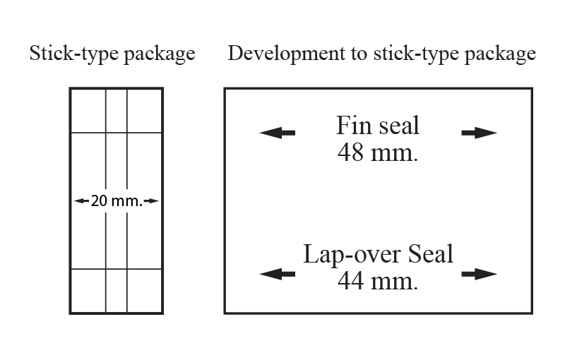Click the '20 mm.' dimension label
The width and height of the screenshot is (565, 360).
[117, 201]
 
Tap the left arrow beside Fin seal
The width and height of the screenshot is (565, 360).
[277, 133]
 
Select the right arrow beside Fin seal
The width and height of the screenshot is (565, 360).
[479, 133]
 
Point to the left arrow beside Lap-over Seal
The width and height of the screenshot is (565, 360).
[277, 274]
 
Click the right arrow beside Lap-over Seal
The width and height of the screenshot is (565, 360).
[479, 274]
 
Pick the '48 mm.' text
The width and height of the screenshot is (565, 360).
[378, 152]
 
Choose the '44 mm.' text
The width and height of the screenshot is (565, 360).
[378, 282]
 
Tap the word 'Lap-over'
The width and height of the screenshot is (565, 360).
[347, 254]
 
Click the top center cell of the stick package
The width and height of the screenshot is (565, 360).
[117, 110]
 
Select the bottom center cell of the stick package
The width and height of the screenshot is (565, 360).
[117, 290]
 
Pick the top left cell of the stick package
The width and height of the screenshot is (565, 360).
[88, 110]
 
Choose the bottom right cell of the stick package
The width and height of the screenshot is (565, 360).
[144, 290]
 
